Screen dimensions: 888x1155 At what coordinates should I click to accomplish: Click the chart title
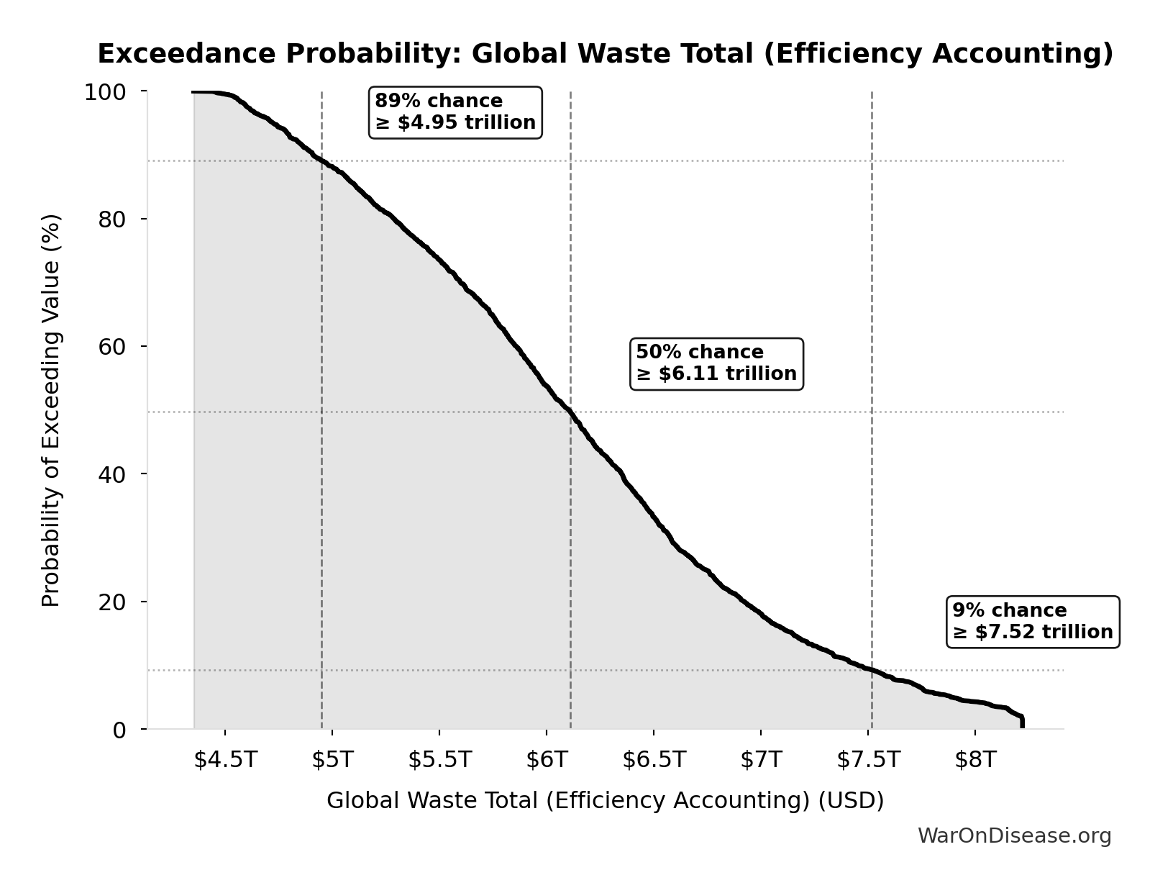[x=605, y=54]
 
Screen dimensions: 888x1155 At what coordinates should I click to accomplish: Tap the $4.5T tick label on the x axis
[x=225, y=760]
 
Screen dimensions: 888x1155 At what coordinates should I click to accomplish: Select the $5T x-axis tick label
[x=332, y=760]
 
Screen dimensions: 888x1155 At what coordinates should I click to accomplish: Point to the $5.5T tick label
[x=439, y=760]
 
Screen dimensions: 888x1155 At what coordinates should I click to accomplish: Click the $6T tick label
[x=547, y=760]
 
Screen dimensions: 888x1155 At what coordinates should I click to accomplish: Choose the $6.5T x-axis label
[x=654, y=760]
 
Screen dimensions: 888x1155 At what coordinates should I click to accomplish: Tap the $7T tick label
[x=761, y=760]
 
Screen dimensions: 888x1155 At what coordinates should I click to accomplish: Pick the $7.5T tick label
[x=868, y=760]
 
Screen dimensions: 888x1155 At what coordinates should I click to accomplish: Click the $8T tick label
[x=975, y=760]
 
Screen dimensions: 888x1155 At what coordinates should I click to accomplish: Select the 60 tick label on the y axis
[x=112, y=347]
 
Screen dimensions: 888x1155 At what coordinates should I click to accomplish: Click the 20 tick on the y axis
[x=112, y=602]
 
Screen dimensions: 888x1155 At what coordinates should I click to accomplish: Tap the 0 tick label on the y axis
[x=119, y=730]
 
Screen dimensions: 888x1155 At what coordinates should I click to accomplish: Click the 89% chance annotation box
[x=455, y=112]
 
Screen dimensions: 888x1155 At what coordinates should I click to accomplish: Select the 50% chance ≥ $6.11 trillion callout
[x=716, y=363]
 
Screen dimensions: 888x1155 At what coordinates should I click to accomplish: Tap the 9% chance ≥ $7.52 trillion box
[x=1033, y=622]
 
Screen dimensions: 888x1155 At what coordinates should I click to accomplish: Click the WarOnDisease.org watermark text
[x=1014, y=835]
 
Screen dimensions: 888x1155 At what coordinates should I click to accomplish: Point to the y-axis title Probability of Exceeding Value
[x=51, y=410]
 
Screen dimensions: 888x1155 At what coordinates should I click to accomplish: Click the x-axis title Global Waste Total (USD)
[x=605, y=800]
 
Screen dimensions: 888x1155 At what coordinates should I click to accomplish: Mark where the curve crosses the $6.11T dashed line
[x=570, y=412]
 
